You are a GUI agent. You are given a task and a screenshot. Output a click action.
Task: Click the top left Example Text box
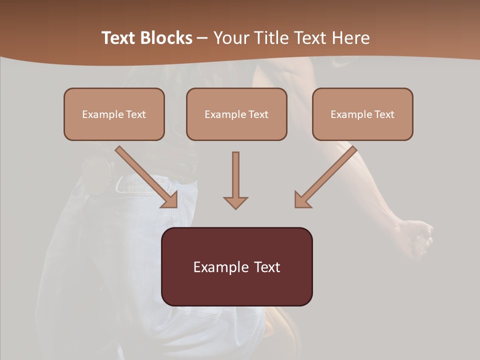pyautogui.click(x=114, y=114)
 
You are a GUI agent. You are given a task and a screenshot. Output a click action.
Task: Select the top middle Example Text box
pyautogui.click(x=236, y=114)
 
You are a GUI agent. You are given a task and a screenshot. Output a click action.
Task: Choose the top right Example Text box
pyautogui.click(x=362, y=114)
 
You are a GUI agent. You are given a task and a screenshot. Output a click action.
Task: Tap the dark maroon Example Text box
pyautogui.click(x=236, y=266)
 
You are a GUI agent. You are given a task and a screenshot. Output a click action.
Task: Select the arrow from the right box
pyautogui.click(x=327, y=175)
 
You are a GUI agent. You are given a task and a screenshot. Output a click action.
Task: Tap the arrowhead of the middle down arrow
pyautogui.click(x=235, y=202)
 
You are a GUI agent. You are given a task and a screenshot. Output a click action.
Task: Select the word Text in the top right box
pyautogui.click(x=384, y=114)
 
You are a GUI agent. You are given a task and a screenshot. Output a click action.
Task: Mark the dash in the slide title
pyautogui.click(x=202, y=38)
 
